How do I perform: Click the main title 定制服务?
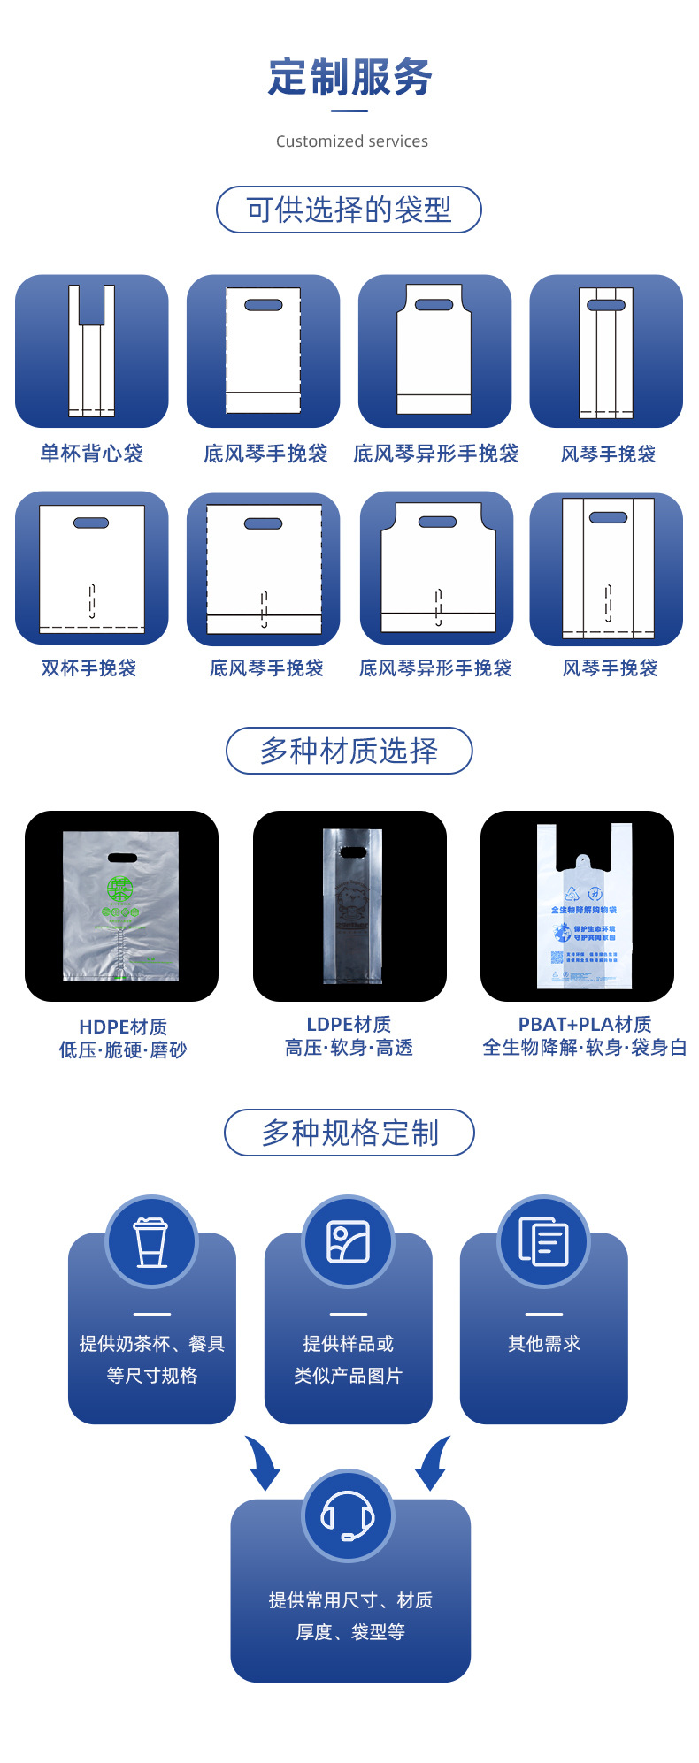pyautogui.click(x=350, y=78)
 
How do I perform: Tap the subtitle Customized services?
pyautogui.click(x=351, y=141)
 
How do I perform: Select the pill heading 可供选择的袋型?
pyautogui.click(x=349, y=210)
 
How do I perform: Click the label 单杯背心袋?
pyautogui.click(x=91, y=454)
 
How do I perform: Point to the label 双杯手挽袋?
pyautogui.click(x=89, y=668)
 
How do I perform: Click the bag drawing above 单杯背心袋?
pyautogui.click(x=91, y=351)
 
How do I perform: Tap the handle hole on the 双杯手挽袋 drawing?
pyautogui.click(x=91, y=523)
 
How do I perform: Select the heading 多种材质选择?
pyautogui.click(x=349, y=751)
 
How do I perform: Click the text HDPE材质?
pyautogui.click(x=123, y=1027)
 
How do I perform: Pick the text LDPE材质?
pyautogui.click(x=349, y=1024)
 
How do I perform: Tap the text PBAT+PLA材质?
pyautogui.click(x=584, y=1024)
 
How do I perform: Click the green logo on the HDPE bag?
pyautogui.click(x=119, y=889)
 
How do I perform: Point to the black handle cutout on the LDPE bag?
pyautogui.click(x=352, y=852)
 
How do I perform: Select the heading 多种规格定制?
pyautogui.click(x=349, y=1133)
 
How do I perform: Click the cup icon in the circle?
pyautogui.click(x=151, y=1241)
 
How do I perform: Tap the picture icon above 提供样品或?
pyautogui.click(x=348, y=1241)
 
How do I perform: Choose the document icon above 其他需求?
pyautogui.click(x=543, y=1241)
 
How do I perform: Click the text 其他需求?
pyautogui.click(x=543, y=1344)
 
